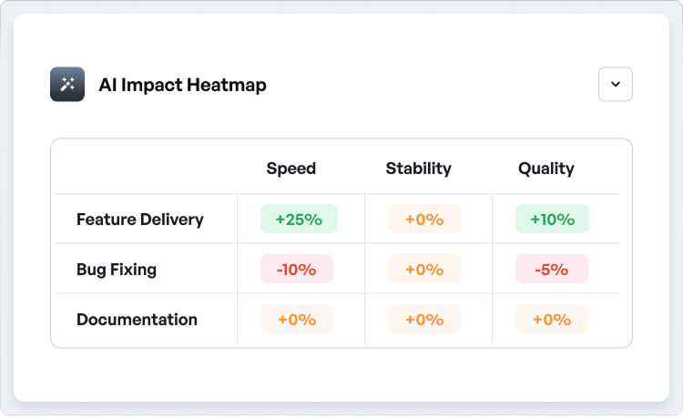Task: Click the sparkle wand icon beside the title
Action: pyautogui.click(x=67, y=85)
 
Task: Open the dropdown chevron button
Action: pyautogui.click(x=616, y=85)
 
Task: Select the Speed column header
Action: pyautogui.click(x=291, y=169)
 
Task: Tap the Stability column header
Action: pyautogui.click(x=419, y=169)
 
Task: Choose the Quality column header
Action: pyautogui.click(x=546, y=169)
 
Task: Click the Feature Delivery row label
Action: pyautogui.click(x=140, y=220)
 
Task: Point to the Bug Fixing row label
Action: pyautogui.click(x=117, y=270)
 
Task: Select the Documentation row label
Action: pyautogui.click(x=137, y=320)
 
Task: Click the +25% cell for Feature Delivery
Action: pyautogui.click(x=299, y=220)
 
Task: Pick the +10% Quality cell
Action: pyautogui.click(x=552, y=220)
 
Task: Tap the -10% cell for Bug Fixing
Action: pyautogui.click(x=297, y=270)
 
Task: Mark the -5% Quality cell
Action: pyautogui.click(x=552, y=270)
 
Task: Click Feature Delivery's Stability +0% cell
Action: pyautogui.click(x=424, y=220)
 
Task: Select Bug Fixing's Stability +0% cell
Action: pyautogui.click(x=424, y=270)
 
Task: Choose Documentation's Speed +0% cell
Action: pyautogui.click(x=297, y=320)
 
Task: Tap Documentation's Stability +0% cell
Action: pyautogui.click(x=424, y=320)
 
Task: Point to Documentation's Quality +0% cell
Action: pyautogui.click(x=552, y=320)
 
